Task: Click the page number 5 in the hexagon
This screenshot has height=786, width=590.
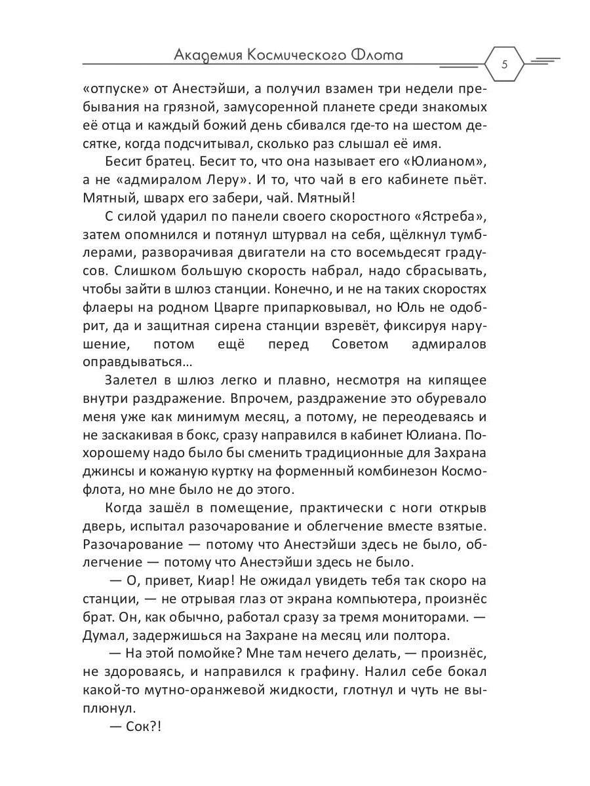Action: pyautogui.click(x=504, y=64)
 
